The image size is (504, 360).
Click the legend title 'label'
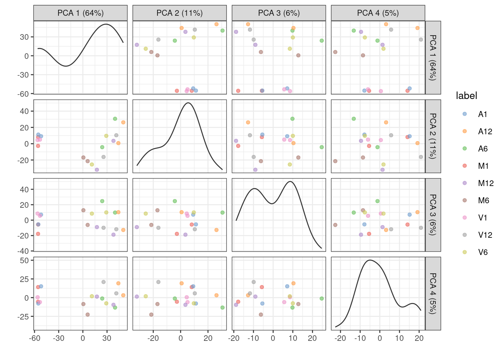click(x=466, y=96)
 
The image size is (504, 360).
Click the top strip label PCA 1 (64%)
click(x=80, y=13)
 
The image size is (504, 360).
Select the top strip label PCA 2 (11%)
click(x=180, y=13)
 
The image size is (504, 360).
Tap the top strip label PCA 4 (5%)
click(x=378, y=13)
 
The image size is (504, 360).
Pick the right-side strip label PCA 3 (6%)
click(x=433, y=214)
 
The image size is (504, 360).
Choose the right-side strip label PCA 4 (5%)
click(x=433, y=293)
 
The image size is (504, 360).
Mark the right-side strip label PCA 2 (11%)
click(x=433, y=136)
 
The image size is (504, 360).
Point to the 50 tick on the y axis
click(x=25, y=260)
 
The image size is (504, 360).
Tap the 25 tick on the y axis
click(x=25, y=279)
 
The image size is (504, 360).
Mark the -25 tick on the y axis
click(x=23, y=316)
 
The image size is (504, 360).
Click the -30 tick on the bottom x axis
click(x=58, y=338)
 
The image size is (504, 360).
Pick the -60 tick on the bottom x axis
click(x=34, y=338)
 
